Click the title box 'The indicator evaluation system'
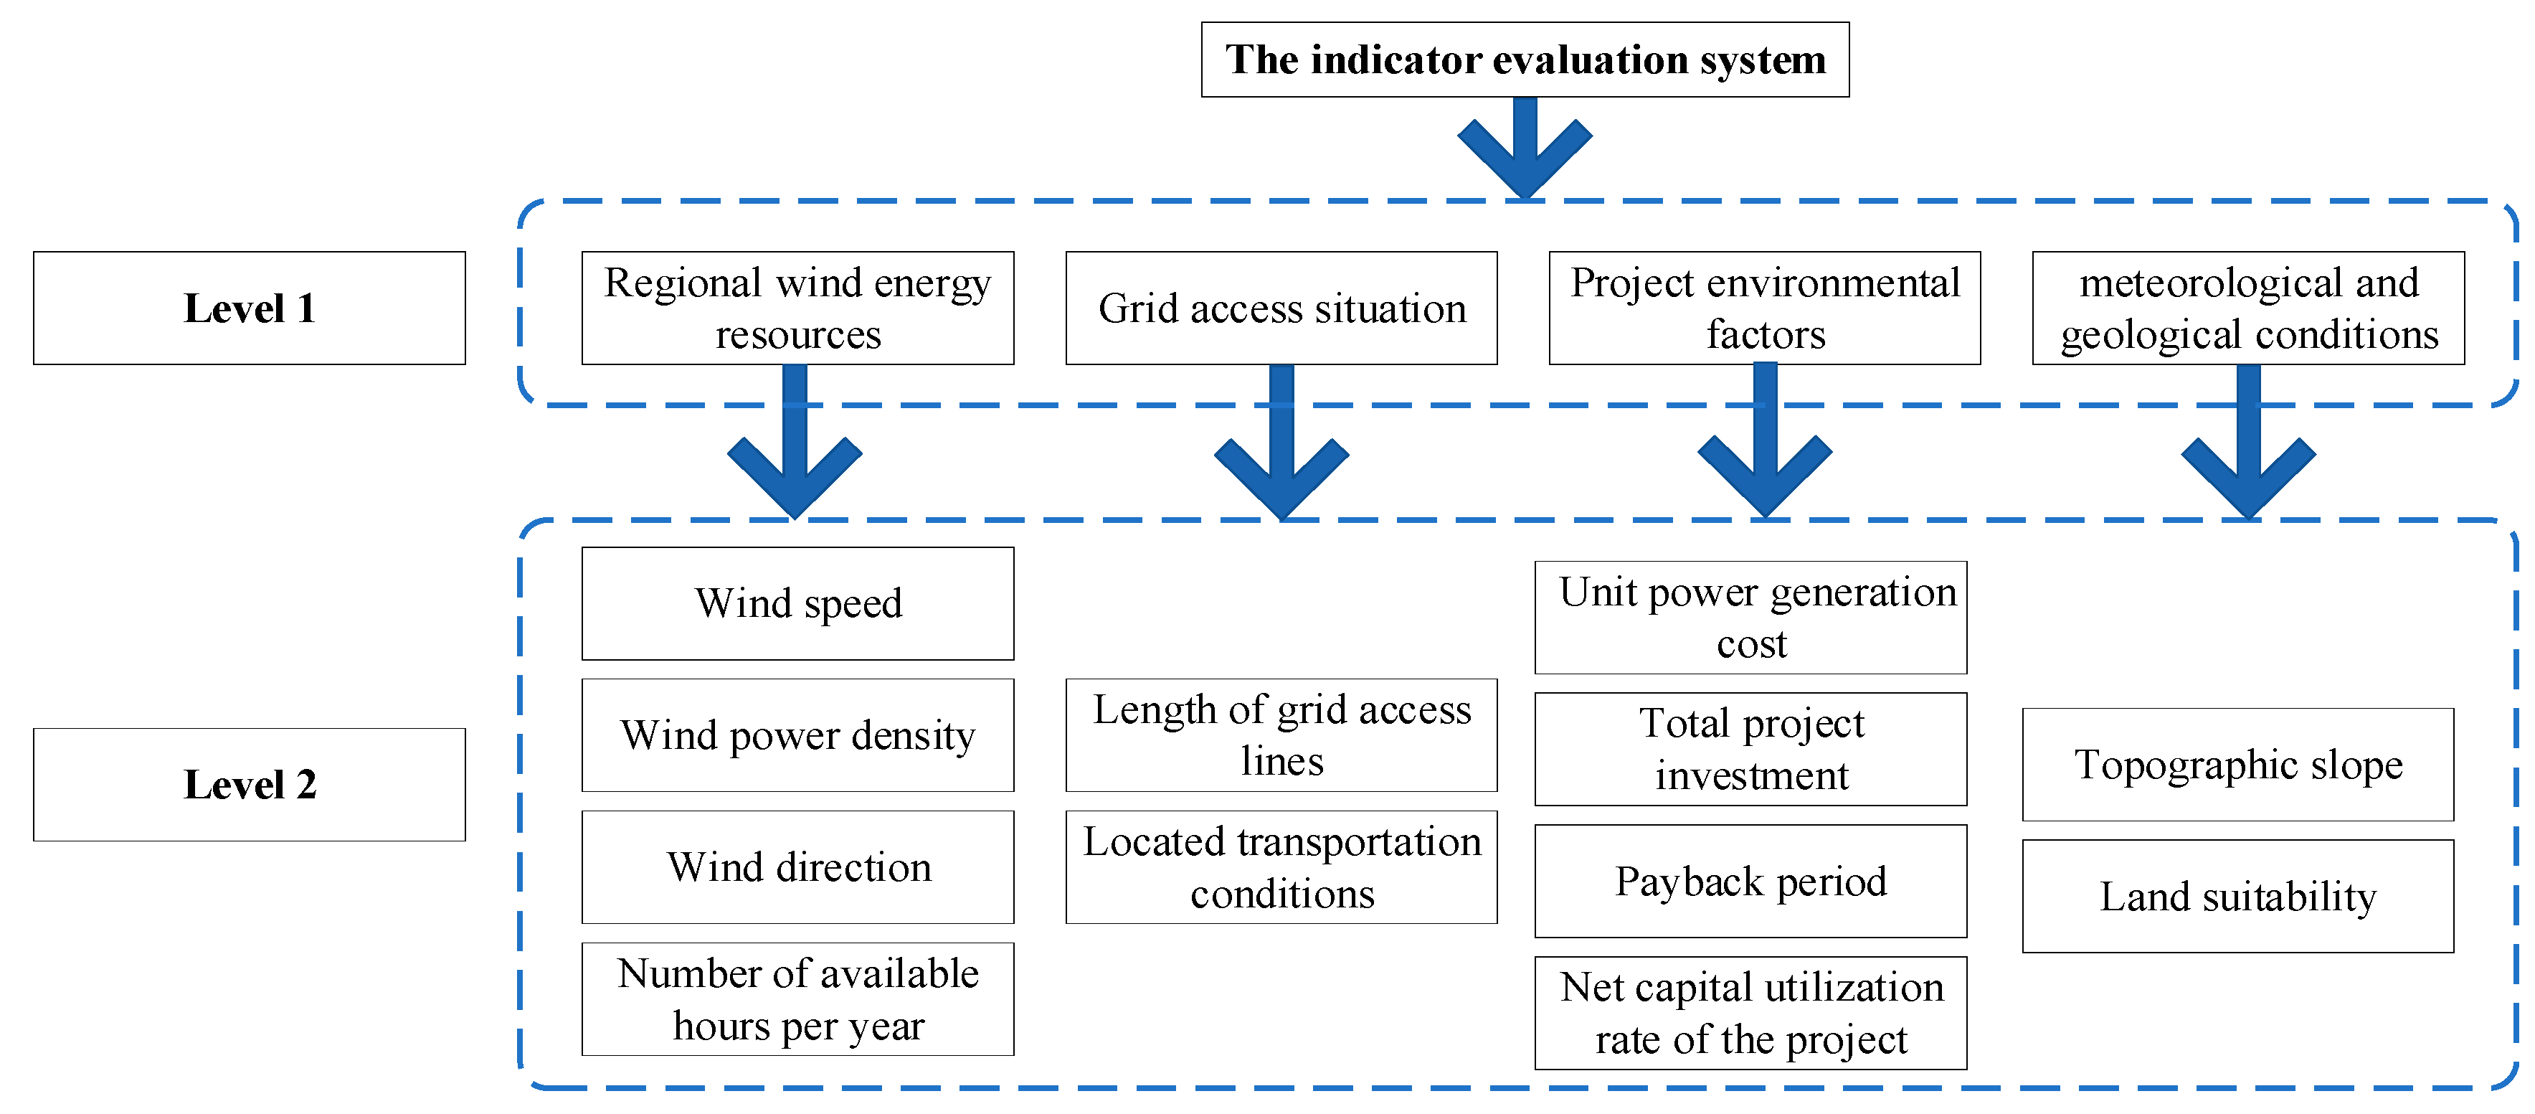pos(1525,60)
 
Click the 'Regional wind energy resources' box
pos(797,308)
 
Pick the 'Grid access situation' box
pos(1281,308)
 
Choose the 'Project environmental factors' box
pos(1765,308)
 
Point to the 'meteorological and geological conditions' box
pos(2249,308)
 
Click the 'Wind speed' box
pos(797,603)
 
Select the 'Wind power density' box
pos(797,735)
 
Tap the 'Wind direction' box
pos(797,867)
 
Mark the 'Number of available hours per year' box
pos(797,999)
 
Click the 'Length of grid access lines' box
pos(1281,735)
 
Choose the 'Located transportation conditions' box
pos(1281,867)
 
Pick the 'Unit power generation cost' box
pos(1750,617)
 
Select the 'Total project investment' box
pos(1750,749)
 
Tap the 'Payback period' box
pos(1750,881)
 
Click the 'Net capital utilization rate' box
pos(1750,1013)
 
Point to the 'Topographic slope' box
pos(2238,765)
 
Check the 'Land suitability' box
pos(2238,897)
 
